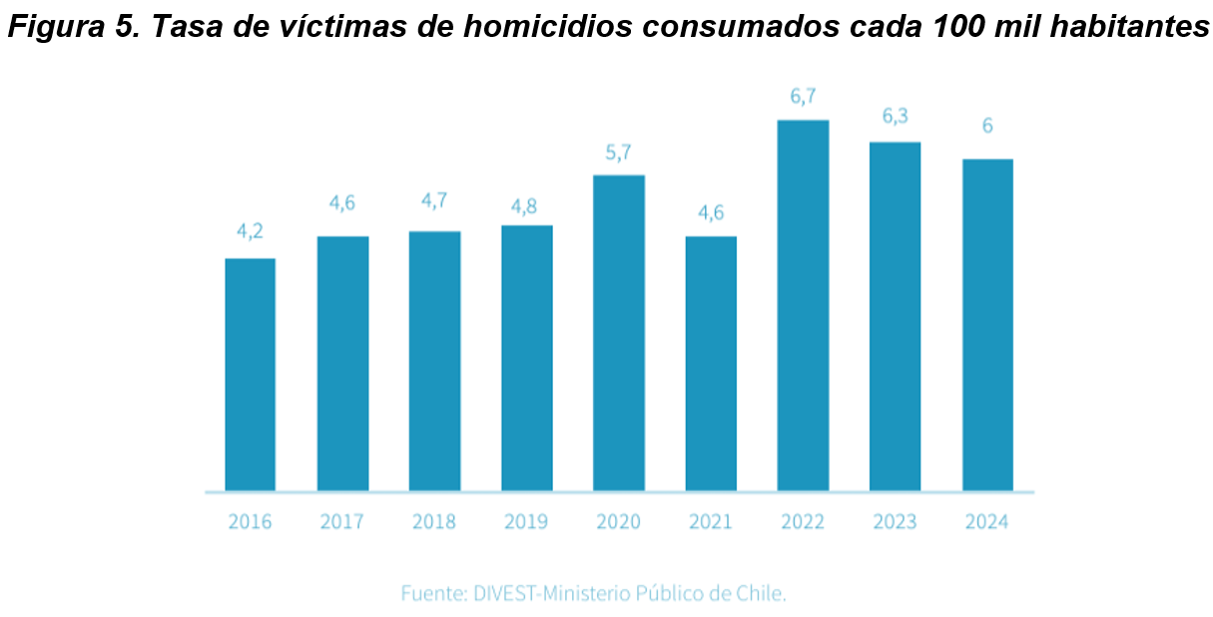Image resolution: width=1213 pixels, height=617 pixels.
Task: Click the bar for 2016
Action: click(250, 374)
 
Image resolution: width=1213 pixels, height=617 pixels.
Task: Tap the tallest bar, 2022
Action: click(804, 306)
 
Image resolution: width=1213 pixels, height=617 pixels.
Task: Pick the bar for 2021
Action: click(711, 363)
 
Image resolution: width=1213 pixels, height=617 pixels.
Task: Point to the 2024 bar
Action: click(987, 324)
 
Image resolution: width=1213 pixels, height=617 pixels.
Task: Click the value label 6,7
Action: click(804, 96)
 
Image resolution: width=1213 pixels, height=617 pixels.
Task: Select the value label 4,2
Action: click(250, 232)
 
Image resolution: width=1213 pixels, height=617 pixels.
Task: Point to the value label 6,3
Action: click(895, 117)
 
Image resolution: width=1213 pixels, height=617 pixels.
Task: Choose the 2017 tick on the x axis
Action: click(342, 522)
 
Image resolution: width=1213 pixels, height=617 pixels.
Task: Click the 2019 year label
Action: click(526, 522)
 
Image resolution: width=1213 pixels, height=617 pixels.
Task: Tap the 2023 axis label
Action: click(895, 522)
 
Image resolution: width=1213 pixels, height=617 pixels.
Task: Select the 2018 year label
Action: click(434, 522)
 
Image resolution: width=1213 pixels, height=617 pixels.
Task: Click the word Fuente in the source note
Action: click(430, 593)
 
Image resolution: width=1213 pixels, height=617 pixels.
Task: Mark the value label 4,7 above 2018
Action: click(434, 201)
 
